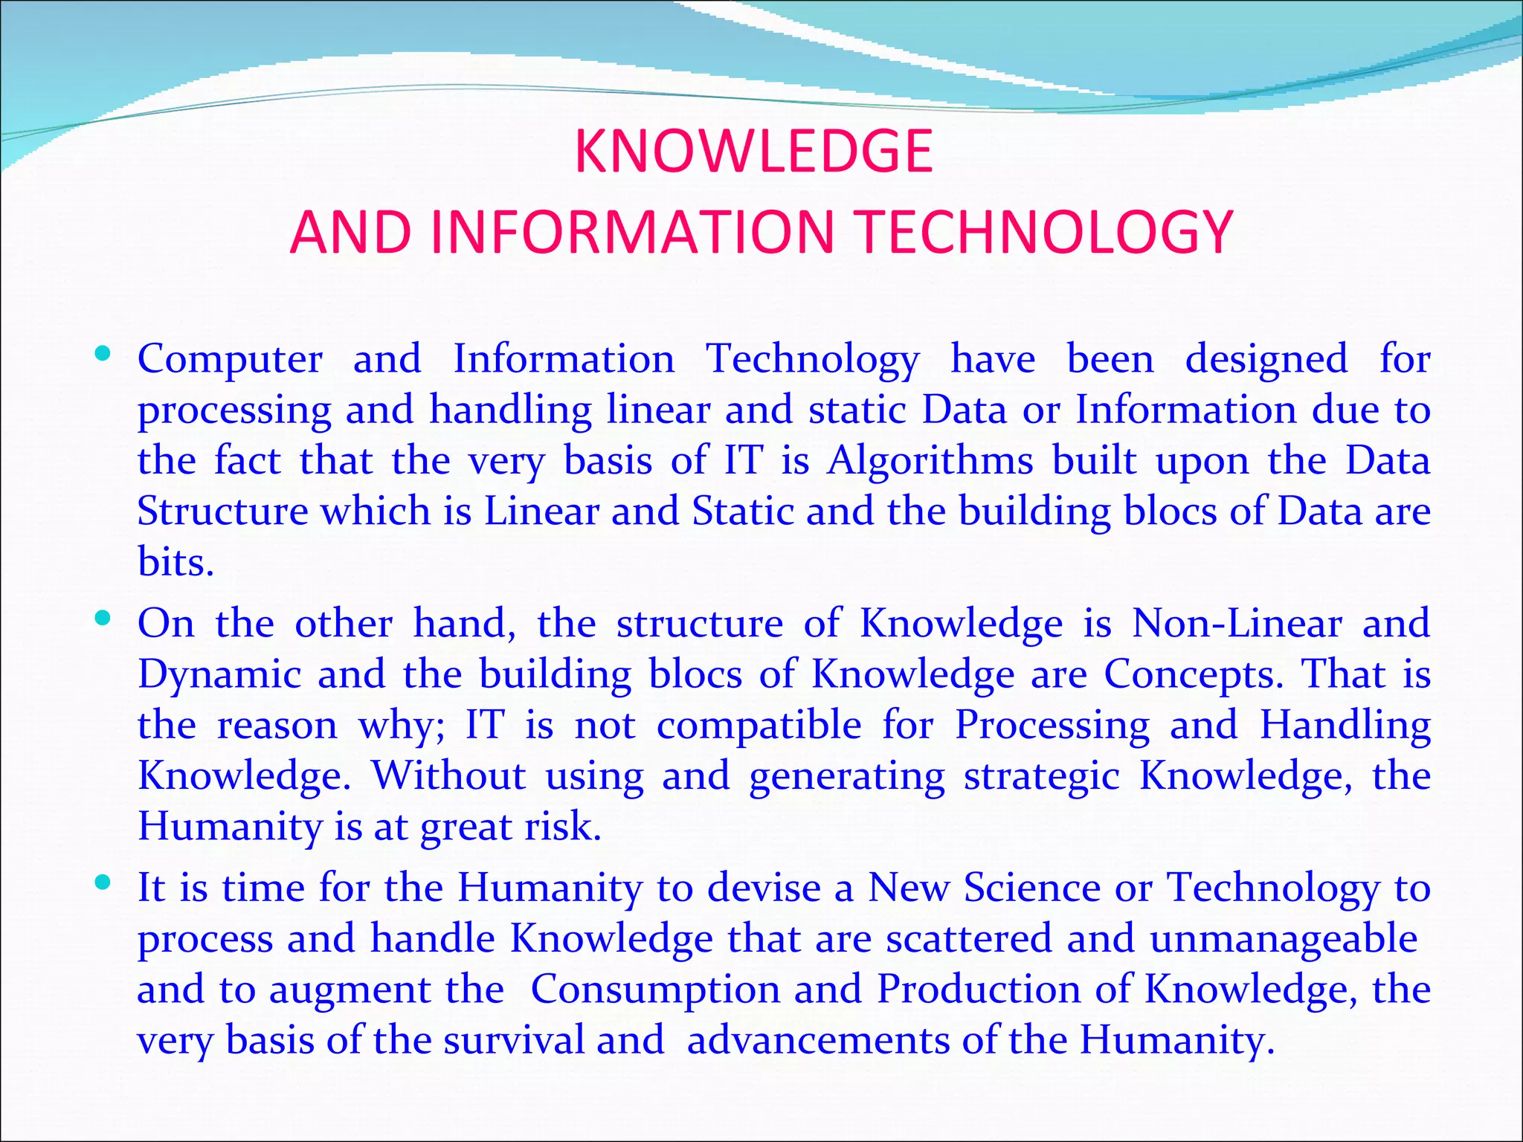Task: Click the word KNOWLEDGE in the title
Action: (x=753, y=152)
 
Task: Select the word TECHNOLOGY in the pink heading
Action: (x=1045, y=232)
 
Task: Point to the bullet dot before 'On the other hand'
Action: (x=103, y=618)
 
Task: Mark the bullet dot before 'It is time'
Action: (x=103, y=883)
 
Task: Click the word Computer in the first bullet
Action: (x=230, y=360)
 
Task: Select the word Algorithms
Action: (x=930, y=461)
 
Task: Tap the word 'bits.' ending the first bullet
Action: (x=176, y=562)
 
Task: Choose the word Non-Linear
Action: (x=1237, y=623)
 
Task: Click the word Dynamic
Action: (x=219, y=675)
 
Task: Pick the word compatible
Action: (x=759, y=726)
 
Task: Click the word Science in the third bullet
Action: (x=1032, y=888)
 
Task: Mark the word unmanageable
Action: (x=1283, y=939)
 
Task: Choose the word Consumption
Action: (x=655, y=990)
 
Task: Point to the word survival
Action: (x=514, y=1040)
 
